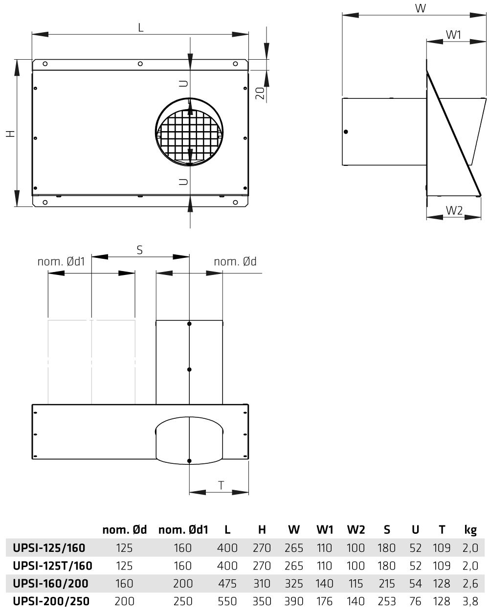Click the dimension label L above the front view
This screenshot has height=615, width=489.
point(140,27)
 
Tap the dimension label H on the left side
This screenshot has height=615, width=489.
point(11,133)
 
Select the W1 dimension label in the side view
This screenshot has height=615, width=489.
point(453,35)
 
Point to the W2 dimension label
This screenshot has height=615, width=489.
point(454,210)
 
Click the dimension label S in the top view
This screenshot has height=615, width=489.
point(139,250)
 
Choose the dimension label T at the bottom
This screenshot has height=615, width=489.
point(221,485)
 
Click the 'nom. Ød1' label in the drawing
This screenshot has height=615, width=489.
point(61,261)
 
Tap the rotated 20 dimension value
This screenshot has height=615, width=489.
point(260,93)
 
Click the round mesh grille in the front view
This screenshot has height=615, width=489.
point(189,132)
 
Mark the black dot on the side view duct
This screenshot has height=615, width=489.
point(346,132)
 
